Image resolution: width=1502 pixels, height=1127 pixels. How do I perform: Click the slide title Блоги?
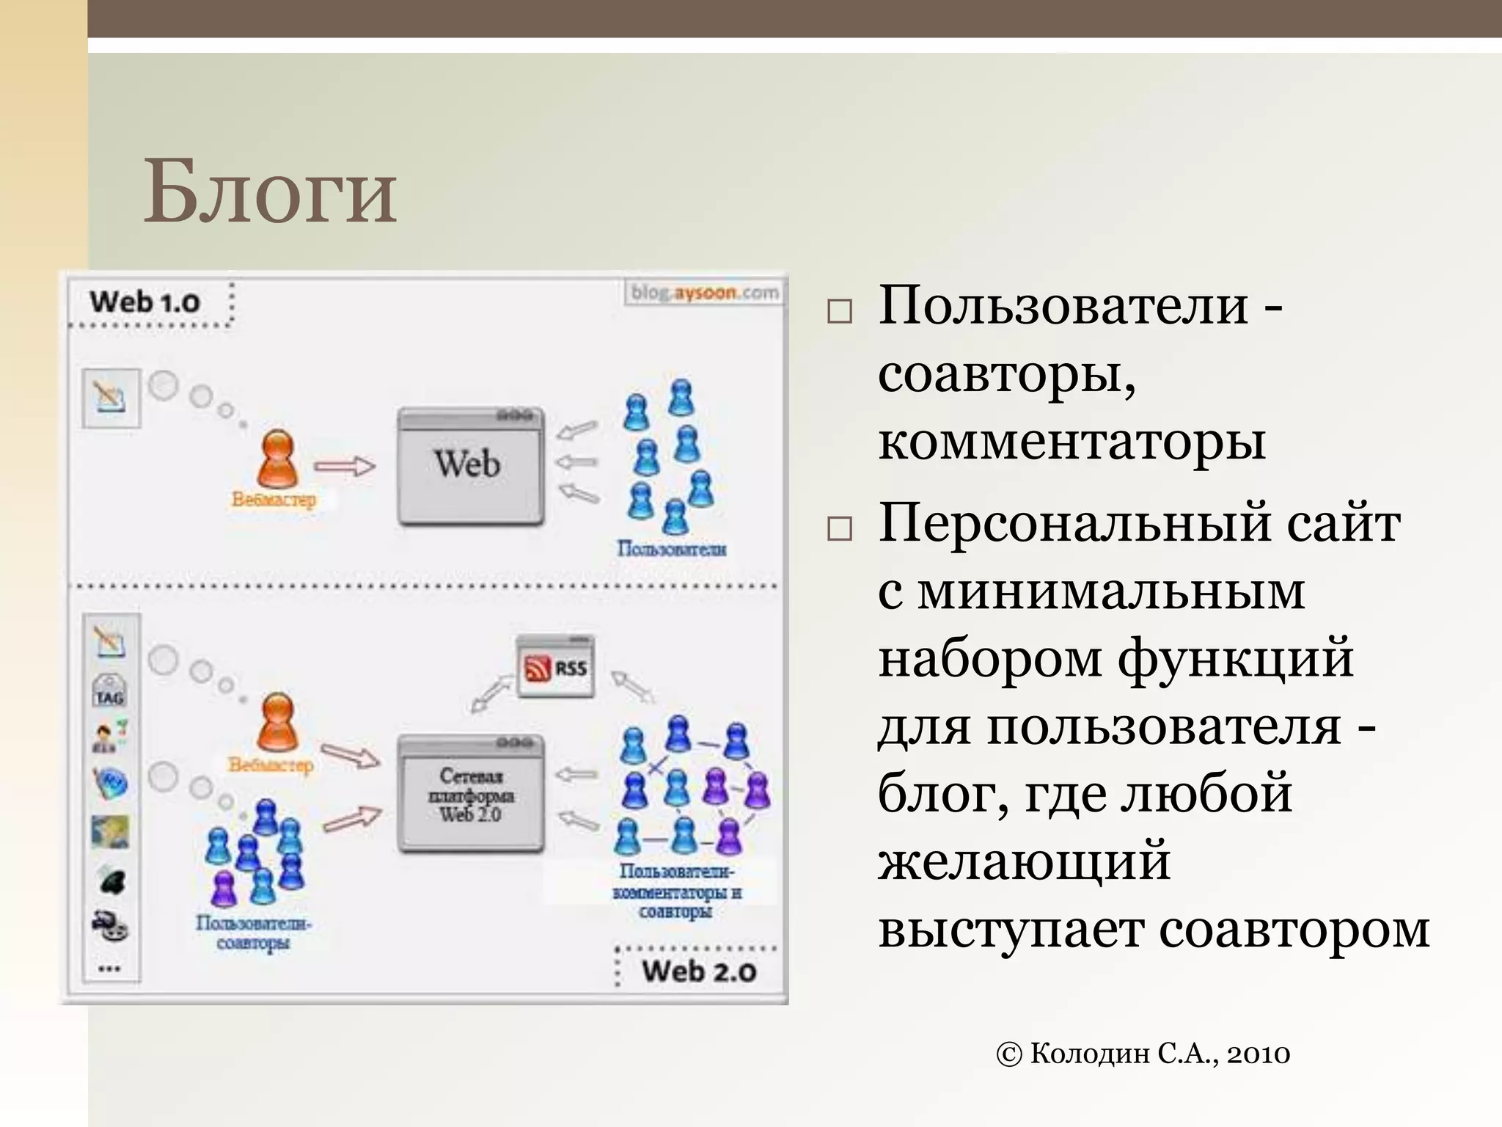270,192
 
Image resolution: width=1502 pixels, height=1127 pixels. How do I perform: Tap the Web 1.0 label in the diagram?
144,302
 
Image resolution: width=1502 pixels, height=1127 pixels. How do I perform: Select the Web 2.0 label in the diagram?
699,971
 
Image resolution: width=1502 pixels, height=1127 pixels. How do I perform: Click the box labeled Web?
470,465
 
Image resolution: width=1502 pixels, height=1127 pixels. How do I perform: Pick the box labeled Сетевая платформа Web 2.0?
471,795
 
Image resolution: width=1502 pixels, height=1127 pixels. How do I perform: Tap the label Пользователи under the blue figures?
671,549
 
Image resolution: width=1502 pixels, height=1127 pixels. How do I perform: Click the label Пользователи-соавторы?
254,932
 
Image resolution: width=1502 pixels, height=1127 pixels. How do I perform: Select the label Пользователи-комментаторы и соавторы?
676,891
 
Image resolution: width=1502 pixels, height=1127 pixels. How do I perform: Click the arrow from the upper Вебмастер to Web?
345,466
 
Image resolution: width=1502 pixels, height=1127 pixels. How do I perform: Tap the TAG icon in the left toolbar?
109,691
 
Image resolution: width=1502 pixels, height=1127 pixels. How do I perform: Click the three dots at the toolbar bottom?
109,969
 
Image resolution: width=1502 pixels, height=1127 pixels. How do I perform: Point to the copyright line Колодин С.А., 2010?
1143,1054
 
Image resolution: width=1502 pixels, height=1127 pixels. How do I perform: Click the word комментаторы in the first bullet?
1071,442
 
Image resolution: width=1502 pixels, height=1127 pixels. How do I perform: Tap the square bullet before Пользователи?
839,311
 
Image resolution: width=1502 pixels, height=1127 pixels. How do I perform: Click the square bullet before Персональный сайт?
839,528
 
